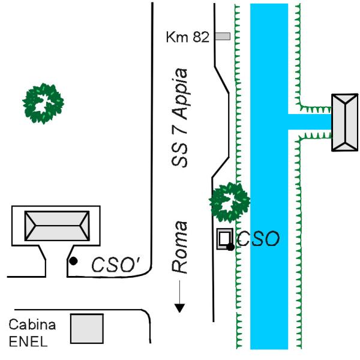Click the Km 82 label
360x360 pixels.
click(187, 37)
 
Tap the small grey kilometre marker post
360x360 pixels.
click(223, 37)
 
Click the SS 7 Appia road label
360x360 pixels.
click(179, 118)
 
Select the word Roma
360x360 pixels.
click(180, 247)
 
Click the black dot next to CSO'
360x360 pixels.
click(73, 261)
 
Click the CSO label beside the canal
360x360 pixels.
click(259, 239)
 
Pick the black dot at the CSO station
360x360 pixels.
click(230, 247)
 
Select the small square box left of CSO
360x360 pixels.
click(224, 238)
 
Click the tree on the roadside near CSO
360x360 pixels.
click(229, 202)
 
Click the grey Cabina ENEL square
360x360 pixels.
click(87, 329)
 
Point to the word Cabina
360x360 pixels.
click(32, 325)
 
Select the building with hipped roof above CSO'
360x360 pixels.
click(56, 226)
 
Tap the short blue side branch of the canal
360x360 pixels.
click(310, 121)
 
